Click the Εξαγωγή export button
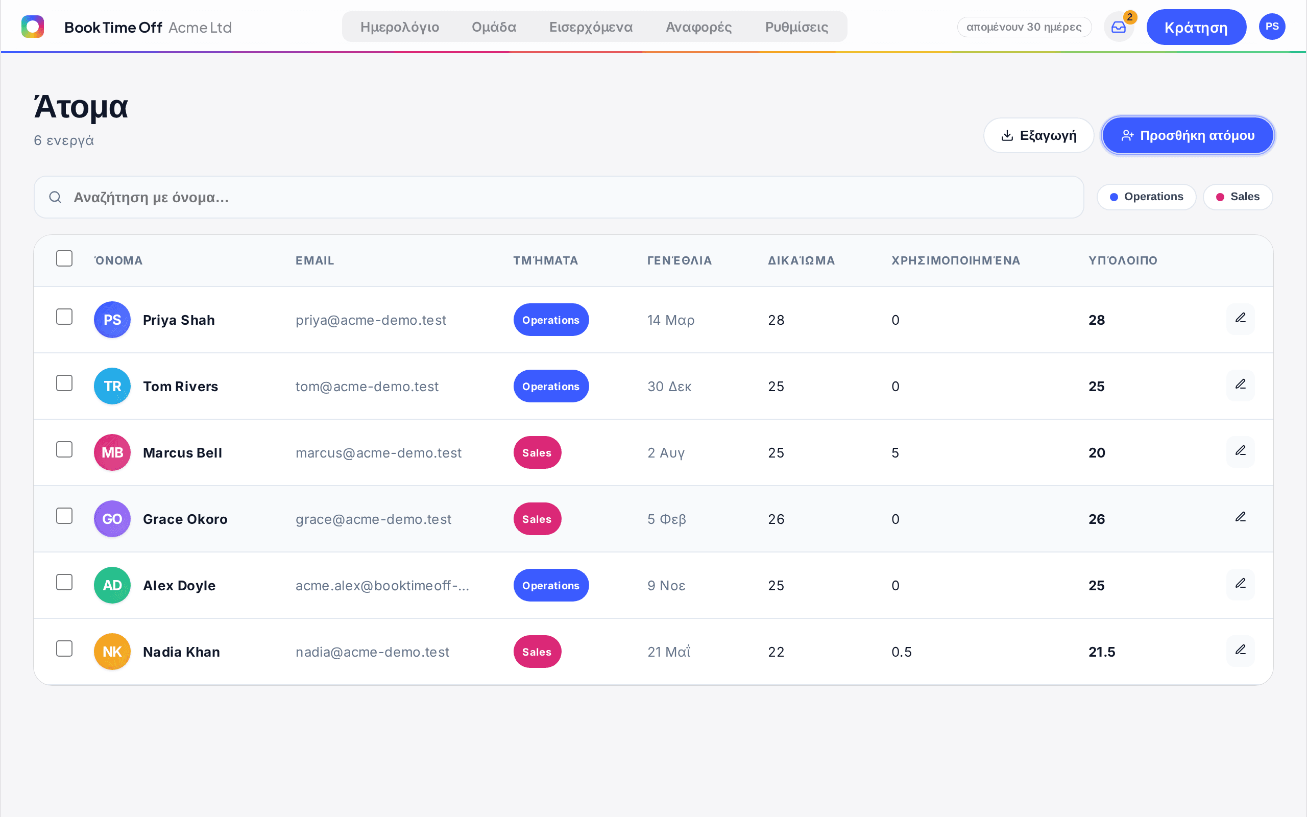[1038, 135]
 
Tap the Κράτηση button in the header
[1196, 27]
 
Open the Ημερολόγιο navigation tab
[400, 27]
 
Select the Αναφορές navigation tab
[698, 27]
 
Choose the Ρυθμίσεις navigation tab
[796, 27]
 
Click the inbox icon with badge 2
[1119, 27]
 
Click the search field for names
[559, 197]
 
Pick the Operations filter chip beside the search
[1146, 197]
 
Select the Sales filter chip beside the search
[1238, 197]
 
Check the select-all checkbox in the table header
[64, 258]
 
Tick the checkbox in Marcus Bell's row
[64, 449]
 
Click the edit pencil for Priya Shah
[1240, 318]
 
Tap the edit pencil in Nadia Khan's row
[1240, 650]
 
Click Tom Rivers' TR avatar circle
[112, 387]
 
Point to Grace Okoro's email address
[373, 519]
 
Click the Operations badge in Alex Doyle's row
[551, 585]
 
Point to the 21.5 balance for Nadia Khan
[1102, 652]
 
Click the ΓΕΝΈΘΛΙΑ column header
[680, 260]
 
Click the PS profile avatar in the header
[1272, 27]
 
